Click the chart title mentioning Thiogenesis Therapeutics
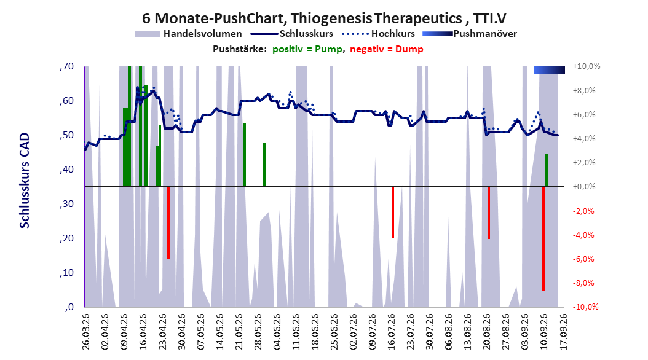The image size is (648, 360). pos(324,18)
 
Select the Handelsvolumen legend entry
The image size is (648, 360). pos(188,34)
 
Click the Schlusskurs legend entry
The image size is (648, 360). pos(292,34)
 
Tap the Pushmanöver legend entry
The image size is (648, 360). pos(470,34)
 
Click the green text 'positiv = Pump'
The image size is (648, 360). pos(307,49)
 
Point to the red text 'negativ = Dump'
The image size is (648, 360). pos(387,49)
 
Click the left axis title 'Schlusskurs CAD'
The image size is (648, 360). pos(25,181)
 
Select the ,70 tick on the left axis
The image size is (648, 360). pos(66,66)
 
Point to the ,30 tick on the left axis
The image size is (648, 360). pos(66,204)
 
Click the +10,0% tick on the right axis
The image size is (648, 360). pos(587,66)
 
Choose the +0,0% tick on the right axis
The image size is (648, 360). pos(584,187)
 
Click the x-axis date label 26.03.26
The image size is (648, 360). pos(85,332)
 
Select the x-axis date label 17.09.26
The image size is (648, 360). pos(563,332)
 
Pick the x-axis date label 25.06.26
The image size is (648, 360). pos(334,332)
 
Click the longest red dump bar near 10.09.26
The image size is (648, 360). pos(544,239)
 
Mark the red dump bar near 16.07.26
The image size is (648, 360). pos(393,212)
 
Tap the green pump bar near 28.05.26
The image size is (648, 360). pos(264,165)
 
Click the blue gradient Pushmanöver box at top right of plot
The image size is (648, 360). pos(549,70)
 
